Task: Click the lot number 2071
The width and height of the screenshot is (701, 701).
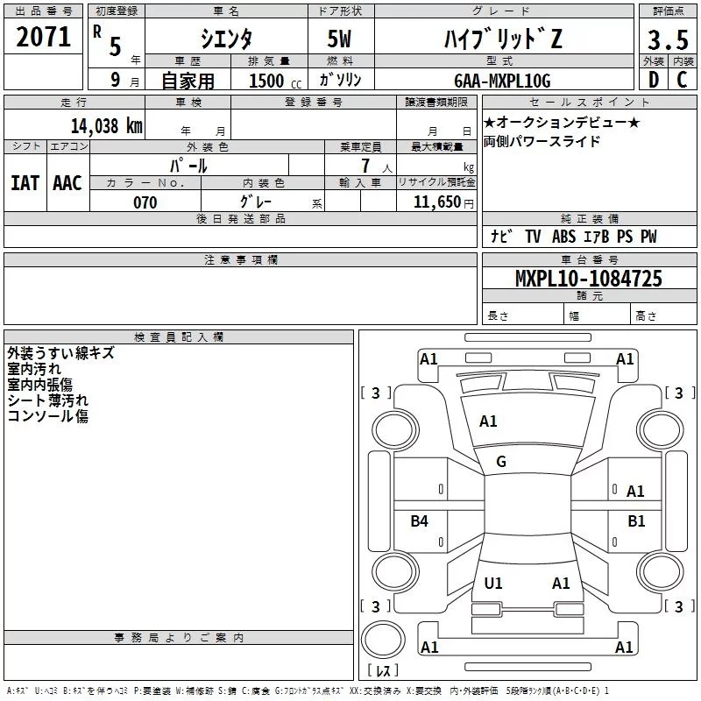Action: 43,37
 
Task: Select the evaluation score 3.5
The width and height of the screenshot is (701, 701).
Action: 666,39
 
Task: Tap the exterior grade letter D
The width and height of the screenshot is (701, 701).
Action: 653,80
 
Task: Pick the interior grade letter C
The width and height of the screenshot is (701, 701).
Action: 682,80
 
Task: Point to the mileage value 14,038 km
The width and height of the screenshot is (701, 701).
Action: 106,125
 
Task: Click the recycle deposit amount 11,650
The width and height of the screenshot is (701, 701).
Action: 435,203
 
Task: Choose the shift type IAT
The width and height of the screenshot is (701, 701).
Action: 25,182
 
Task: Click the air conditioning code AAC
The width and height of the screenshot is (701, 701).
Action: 67,182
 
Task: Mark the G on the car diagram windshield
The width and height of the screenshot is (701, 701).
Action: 501,462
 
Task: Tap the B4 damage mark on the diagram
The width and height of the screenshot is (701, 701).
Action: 420,521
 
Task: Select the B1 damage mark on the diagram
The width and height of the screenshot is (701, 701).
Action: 636,521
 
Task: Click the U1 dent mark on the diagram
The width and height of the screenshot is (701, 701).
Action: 493,584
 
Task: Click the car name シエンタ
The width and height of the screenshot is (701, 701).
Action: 226,39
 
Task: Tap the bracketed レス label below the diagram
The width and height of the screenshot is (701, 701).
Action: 383,671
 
